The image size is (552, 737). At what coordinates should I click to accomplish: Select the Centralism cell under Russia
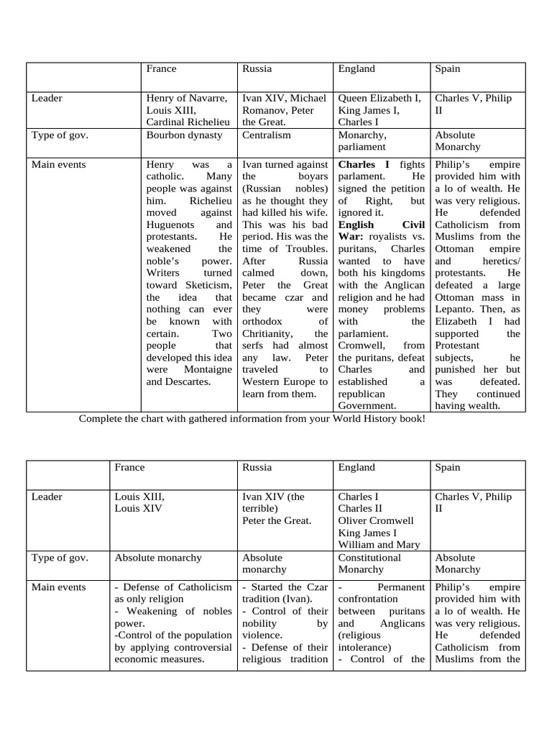tap(266, 135)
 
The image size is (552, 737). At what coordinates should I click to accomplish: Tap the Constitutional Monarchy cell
tap(372, 563)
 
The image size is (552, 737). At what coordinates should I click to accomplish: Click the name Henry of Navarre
tap(187, 98)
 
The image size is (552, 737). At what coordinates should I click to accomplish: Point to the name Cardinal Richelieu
tap(188, 122)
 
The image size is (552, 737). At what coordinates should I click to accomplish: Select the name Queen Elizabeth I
tap(379, 98)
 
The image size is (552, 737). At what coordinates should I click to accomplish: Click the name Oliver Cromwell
tap(376, 520)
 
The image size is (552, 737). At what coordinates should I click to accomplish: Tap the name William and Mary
tap(379, 545)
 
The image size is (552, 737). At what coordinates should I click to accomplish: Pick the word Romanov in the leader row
tap(264, 110)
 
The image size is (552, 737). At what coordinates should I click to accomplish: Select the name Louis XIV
tap(139, 508)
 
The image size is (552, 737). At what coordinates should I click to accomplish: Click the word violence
tap(265, 636)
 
